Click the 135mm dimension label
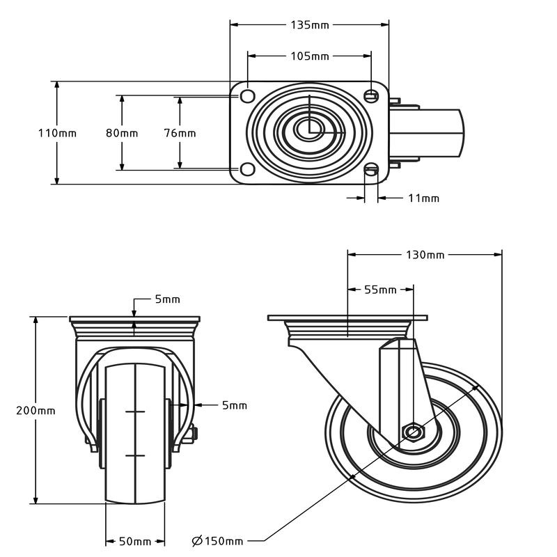pyautogui.click(x=309, y=25)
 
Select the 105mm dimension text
pyautogui.click(x=309, y=56)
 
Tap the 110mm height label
pyautogui.click(x=57, y=133)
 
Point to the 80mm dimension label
pyautogui.click(x=122, y=133)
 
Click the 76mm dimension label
pyautogui.click(x=180, y=133)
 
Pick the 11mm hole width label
pyautogui.click(x=423, y=198)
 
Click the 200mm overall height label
pyautogui.click(x=36, y=410)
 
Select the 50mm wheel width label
pyautogui.click(x=134, y=541)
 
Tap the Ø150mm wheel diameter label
pyautogui.click(x=218, y=541)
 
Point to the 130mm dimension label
pyautogui.click(x=425, y=255)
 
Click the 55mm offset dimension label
pyautogui.click(x=380, y=290)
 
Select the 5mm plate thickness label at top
pyautogui.click(x=167, y=299)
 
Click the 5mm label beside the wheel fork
pyautogui.click(x=234, y=405)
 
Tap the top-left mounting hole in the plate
pyautogui.click(x=246, y=94)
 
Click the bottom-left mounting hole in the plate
pyautogui.click(x=246, y=169)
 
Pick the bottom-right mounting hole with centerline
pyautogui.click(x=372, y=169)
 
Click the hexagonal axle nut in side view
pyautogui.click(x=413, y=432)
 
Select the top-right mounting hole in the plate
pyautogui.click(x=372, y=94)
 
